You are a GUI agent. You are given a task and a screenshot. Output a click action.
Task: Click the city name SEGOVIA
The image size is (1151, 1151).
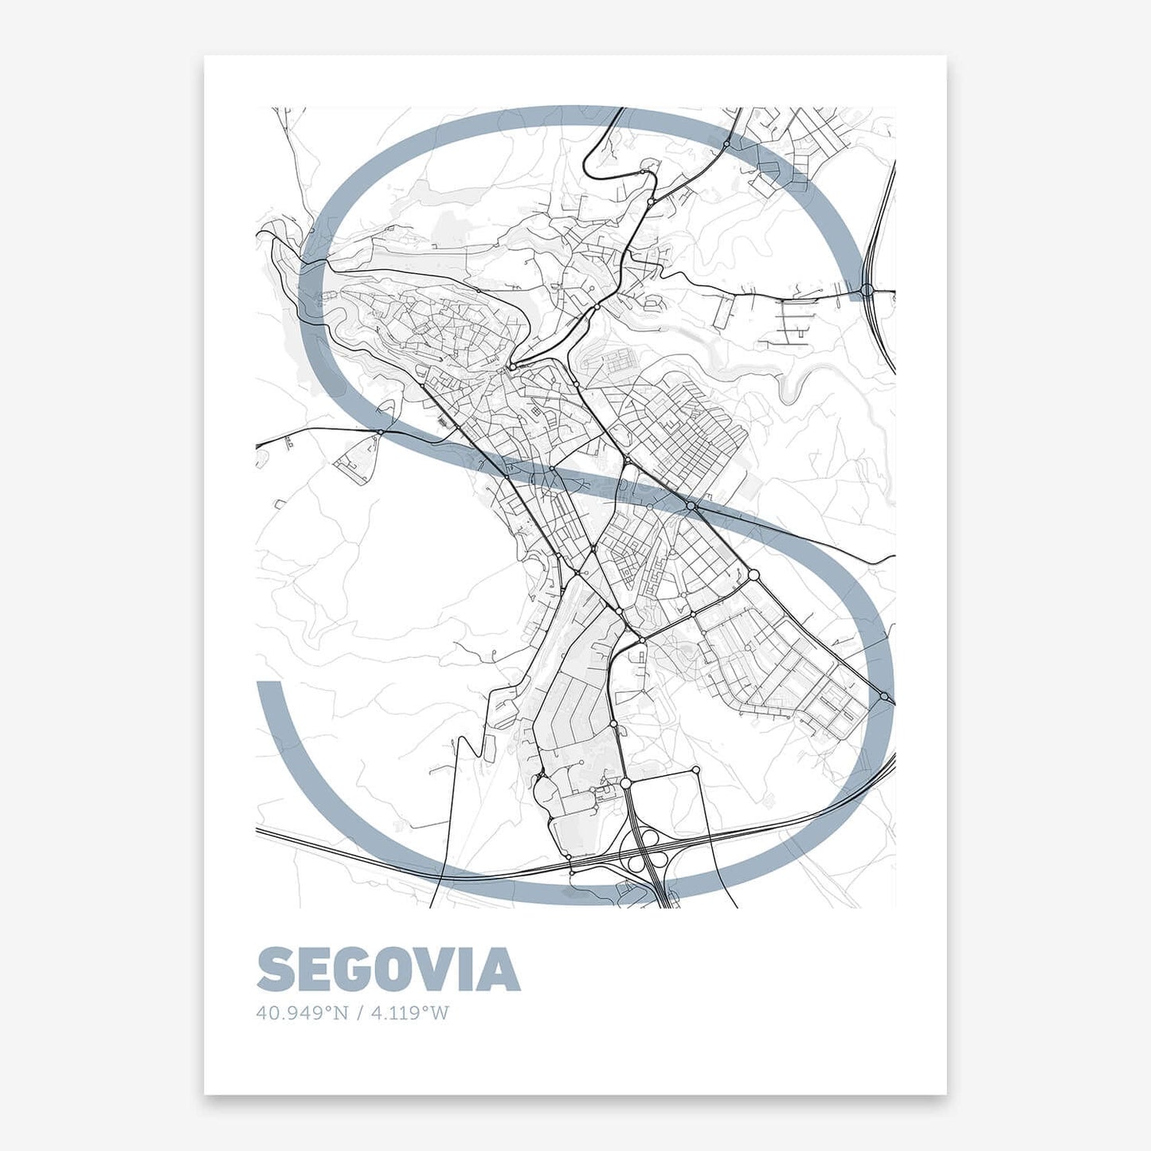pos(388,969)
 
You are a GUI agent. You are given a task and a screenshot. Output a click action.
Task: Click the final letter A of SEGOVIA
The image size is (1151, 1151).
pos(499,970)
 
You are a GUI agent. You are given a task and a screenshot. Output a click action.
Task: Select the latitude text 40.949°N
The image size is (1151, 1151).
pos(303,1013)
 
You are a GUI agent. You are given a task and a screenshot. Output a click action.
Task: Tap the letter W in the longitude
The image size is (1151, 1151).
pos(440,1013)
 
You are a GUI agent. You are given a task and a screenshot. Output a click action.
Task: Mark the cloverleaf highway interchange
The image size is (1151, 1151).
pos(648,848)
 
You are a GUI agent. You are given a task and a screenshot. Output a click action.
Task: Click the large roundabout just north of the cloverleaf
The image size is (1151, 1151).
pos(625,784)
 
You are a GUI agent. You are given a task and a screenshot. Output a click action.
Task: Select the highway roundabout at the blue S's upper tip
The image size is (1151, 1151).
pos(867,290)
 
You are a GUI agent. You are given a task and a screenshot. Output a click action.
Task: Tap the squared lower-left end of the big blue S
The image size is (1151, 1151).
pos(270,684)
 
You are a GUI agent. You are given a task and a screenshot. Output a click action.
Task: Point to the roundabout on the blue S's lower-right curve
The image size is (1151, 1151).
pos(884,697)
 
